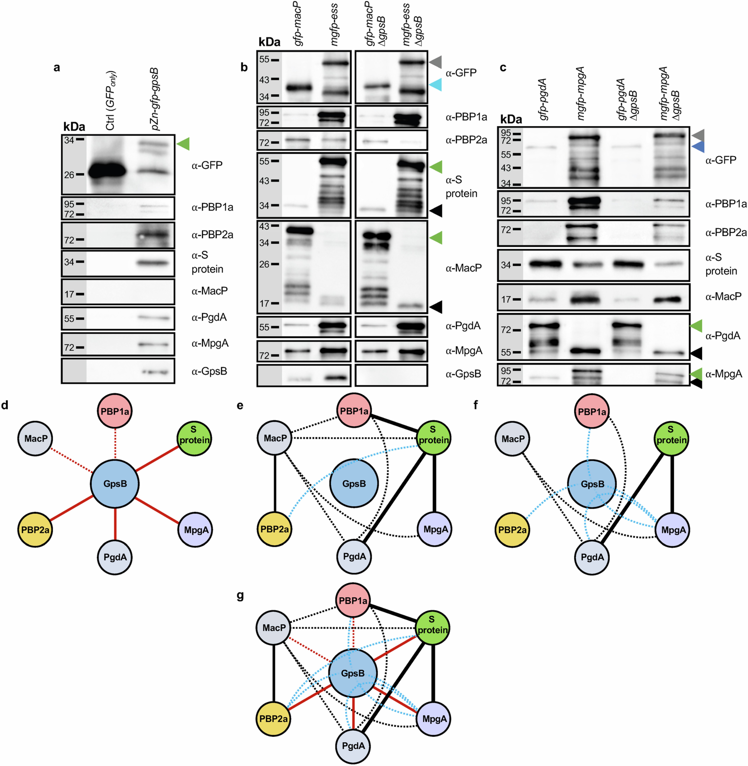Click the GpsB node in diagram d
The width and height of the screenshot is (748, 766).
pyautogui.click(x=115, y=484)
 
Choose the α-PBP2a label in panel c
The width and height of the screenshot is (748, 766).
pyautogui.click(x=726, y=233)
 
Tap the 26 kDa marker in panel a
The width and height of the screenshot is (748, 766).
pyautogui.click(x=70, y=175)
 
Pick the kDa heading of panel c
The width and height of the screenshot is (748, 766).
pyautogui.click(x=511, y=119)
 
